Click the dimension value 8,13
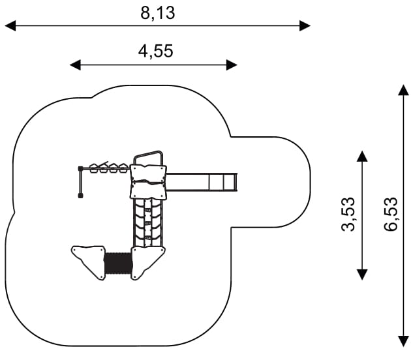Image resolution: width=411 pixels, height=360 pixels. click(158, 12)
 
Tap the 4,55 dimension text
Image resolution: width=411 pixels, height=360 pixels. click(155, 51)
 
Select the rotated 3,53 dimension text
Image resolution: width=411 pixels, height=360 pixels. click(350, 215)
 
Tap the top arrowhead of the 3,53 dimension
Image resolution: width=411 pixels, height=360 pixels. click(362, 155)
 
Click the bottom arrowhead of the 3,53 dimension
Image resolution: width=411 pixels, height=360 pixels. click(362, 274)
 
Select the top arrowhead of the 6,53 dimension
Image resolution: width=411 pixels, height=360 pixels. click(403, 89)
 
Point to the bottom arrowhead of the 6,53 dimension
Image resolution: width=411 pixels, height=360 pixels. click(403, 340)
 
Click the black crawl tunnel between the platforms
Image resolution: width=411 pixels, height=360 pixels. click(118, 263)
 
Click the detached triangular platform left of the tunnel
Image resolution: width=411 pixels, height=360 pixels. click(89, 260)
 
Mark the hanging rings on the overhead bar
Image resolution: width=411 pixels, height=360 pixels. click(108, 168)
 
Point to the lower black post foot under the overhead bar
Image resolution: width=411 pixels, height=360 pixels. click(80, 194)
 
